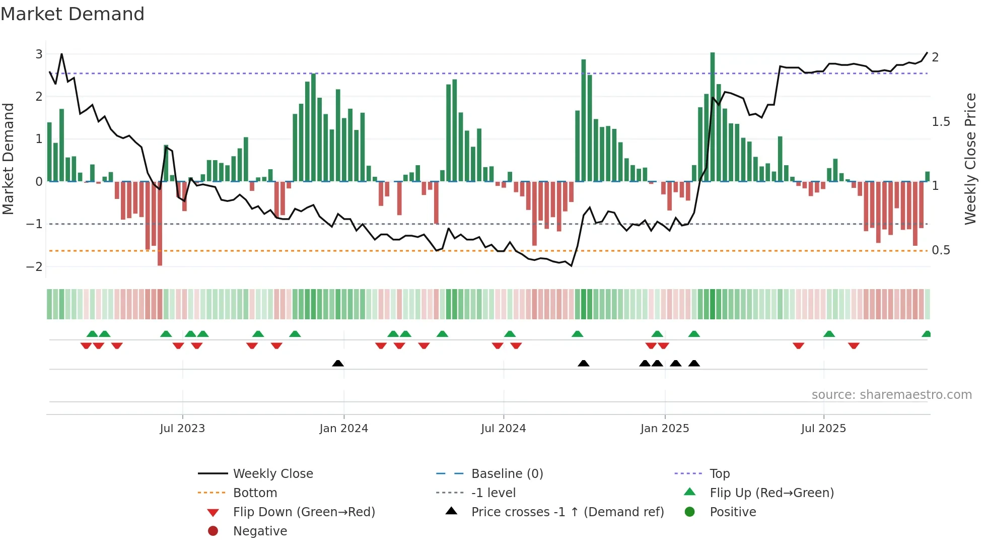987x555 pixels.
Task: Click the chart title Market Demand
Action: [x=73, y=14]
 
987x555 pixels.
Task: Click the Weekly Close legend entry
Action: [x=272, y=473]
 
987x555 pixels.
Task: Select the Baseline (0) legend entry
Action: [x=507, y=473]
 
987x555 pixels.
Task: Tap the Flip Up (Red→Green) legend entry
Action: [x=771, y=493]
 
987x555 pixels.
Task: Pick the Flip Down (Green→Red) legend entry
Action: [x=304, y=512]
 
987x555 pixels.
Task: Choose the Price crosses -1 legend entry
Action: [x=567, y=512]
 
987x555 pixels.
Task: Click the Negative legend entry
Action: [x=260, y=531]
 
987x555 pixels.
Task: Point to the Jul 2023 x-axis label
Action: [x=182, y=428]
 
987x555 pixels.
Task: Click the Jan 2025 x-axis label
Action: [x=665, y=428]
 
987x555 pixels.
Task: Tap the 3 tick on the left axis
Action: [x=39, y=54]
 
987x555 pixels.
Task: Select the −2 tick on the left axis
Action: [x=35, y=266]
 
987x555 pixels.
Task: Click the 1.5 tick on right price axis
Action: [x=940, y=122]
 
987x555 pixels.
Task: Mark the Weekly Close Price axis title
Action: [x=970, y=159]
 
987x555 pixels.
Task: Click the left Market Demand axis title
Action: [x=8, y=159]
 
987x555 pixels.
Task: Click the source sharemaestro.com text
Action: [x=891, y=394]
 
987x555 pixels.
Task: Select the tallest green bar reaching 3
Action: [x=713, y=116]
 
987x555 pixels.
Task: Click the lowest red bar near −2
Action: [x=160, y=224]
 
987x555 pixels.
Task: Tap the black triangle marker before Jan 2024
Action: [x=338, y=363]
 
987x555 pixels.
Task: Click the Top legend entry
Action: [x=719, y=473]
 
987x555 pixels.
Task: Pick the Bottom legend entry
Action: [x=255, y=493]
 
